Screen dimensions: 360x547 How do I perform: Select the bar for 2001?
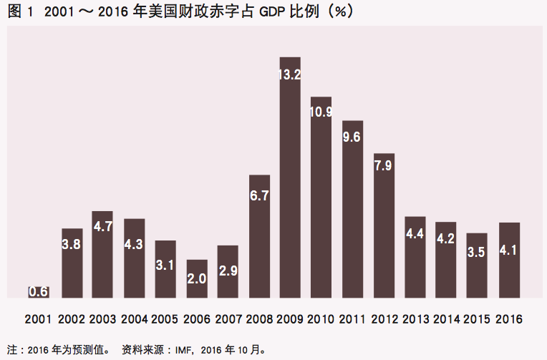pos(39,292)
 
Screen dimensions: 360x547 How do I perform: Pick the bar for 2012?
pos(384,229)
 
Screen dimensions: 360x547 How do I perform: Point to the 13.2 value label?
pos(290,74)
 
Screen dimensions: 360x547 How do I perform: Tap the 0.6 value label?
pos(39,292)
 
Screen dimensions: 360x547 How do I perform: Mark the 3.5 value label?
pos(477,252)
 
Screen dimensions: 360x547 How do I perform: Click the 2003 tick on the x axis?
pos(102,318)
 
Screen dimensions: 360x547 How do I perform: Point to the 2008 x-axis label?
pos(258,318)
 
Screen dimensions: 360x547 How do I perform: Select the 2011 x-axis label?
pos(352,318)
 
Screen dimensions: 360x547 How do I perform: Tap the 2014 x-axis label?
pos(446,318)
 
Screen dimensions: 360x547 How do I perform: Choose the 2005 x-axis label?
pos(165,318)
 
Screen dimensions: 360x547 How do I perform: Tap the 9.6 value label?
pos(352,137)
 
